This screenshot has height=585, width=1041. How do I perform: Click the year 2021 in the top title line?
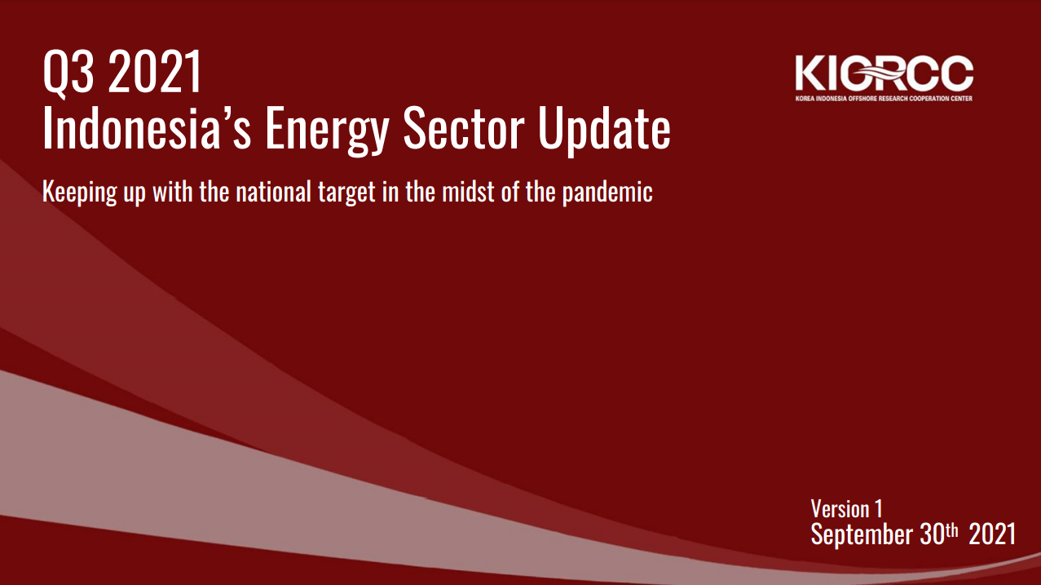coord(155,71)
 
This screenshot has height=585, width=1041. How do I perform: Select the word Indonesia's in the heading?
coord(147,127)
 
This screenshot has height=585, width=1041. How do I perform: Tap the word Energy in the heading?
coord(327,131)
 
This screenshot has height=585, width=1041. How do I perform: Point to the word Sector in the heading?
coord(464,127)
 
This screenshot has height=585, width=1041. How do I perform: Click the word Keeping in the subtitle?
coord(79,192)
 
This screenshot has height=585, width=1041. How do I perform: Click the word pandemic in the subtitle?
coord(607,192)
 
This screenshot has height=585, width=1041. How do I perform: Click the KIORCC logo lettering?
coord(884,73)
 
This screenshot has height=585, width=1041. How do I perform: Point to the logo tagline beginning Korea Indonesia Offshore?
coord(884,99)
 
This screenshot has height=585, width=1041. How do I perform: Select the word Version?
coord(840,509)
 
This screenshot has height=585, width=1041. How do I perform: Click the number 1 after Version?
coord(878,509)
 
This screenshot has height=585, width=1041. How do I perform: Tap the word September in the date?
coord(862,534)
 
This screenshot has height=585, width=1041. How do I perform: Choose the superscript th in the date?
coord(952,530)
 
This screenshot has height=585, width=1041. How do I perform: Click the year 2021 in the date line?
coord(992,534)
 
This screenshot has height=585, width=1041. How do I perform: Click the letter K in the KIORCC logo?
coord(810,73)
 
